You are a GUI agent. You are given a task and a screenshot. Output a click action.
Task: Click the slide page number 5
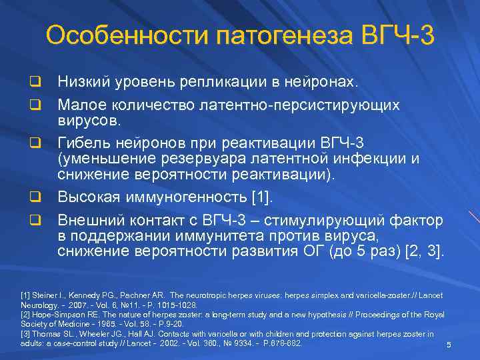[x=449, y=345]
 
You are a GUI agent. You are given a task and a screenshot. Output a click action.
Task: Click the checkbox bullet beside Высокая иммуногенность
[x=31, y=197]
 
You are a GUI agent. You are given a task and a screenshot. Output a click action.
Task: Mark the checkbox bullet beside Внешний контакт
[x=31, y=221]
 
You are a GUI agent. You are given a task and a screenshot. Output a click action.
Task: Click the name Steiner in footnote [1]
[x=46, y=295]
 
